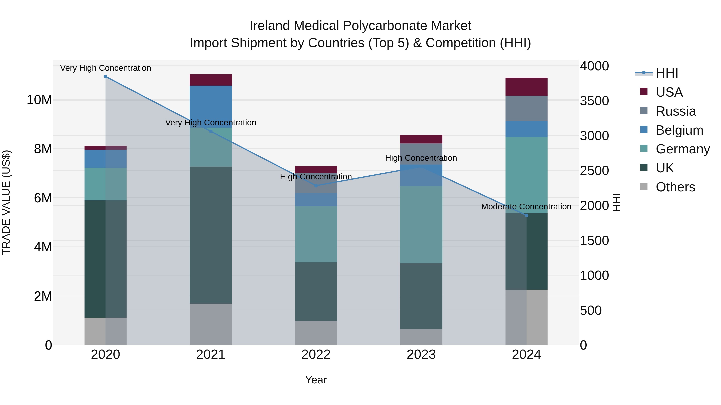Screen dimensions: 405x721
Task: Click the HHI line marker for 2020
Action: [106, 77]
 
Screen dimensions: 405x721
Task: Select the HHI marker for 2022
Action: [316, 186]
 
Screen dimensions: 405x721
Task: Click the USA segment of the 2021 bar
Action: [211, 80]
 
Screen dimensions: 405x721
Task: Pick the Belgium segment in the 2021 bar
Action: [211, 106]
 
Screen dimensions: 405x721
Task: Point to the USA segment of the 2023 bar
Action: [421, 139]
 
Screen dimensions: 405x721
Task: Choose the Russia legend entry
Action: [675, 111]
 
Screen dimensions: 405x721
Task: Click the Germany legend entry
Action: [682, 149]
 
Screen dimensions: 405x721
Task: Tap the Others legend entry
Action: [675, 187]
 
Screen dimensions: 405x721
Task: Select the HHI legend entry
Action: [667, 73]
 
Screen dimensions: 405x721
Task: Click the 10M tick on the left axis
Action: [39, 100]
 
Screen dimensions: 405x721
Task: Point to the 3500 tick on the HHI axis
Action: [594, 101]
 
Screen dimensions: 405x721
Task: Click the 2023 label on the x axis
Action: [421, 355]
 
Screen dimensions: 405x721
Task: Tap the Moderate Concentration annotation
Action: [526, 207]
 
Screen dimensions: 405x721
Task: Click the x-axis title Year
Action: [316, 380]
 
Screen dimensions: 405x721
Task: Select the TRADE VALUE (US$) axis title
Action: [6, 202]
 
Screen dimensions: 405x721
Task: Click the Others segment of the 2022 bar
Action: [316, 333]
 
